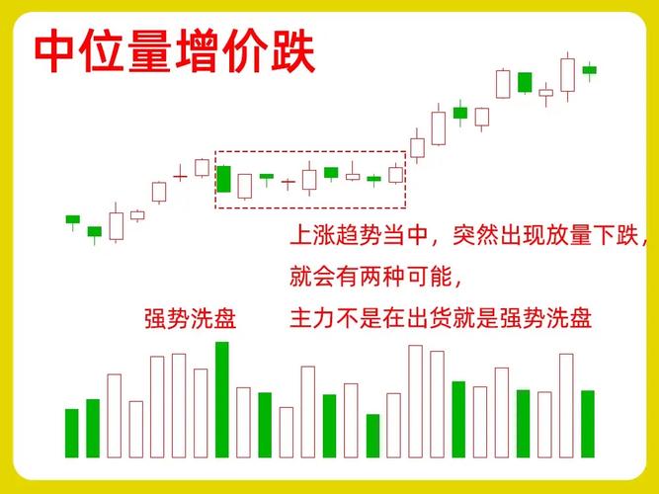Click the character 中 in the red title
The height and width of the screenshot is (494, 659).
pos(57,51)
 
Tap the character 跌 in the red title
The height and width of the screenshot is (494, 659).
pos(292,51)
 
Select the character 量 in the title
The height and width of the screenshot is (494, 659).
pos(151,51)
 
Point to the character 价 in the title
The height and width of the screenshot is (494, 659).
pos(246,51)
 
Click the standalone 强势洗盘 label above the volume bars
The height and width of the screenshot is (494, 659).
pos(190,319)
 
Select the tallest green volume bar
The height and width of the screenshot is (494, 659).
pos(222,399)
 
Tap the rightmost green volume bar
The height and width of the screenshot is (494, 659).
pos(588,424)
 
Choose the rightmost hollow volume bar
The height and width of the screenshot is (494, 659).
pos(566,405)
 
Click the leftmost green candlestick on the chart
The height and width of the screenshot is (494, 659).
pos(72,219)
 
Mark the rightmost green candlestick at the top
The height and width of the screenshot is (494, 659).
pos(590,69)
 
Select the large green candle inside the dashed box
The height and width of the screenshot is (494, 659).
pos(223,179)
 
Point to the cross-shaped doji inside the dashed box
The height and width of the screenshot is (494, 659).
pos(288,183)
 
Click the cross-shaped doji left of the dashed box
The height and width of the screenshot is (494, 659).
pos(180,176)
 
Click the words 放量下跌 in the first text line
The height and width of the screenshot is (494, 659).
pos(592,236)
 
